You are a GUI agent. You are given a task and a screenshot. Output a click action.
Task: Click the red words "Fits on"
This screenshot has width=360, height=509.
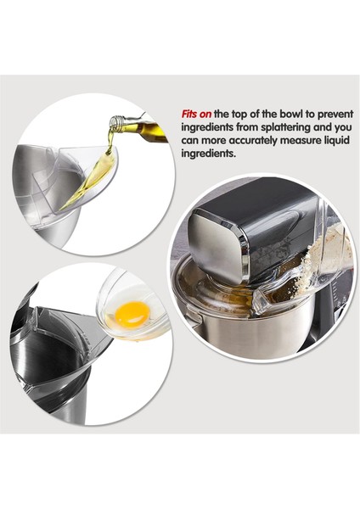(x=195, y=113)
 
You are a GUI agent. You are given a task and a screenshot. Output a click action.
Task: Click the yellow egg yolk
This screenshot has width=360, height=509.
(x=132, y=314)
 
